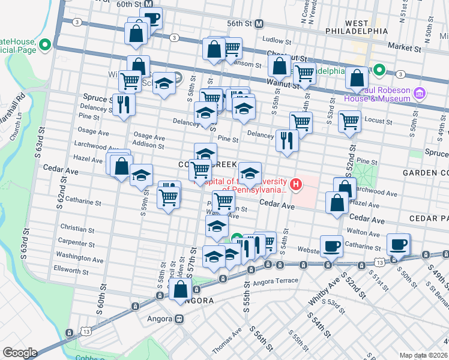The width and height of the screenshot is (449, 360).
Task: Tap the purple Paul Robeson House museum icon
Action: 420,93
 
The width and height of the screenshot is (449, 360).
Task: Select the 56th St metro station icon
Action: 259,23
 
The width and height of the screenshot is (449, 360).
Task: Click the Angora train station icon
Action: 179,319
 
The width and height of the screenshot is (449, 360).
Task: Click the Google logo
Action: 19,352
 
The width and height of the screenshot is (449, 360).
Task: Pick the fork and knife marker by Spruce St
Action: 123,104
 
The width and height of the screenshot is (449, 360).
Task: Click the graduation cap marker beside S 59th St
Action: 142,175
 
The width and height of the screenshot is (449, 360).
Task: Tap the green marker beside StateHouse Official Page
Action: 45,45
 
